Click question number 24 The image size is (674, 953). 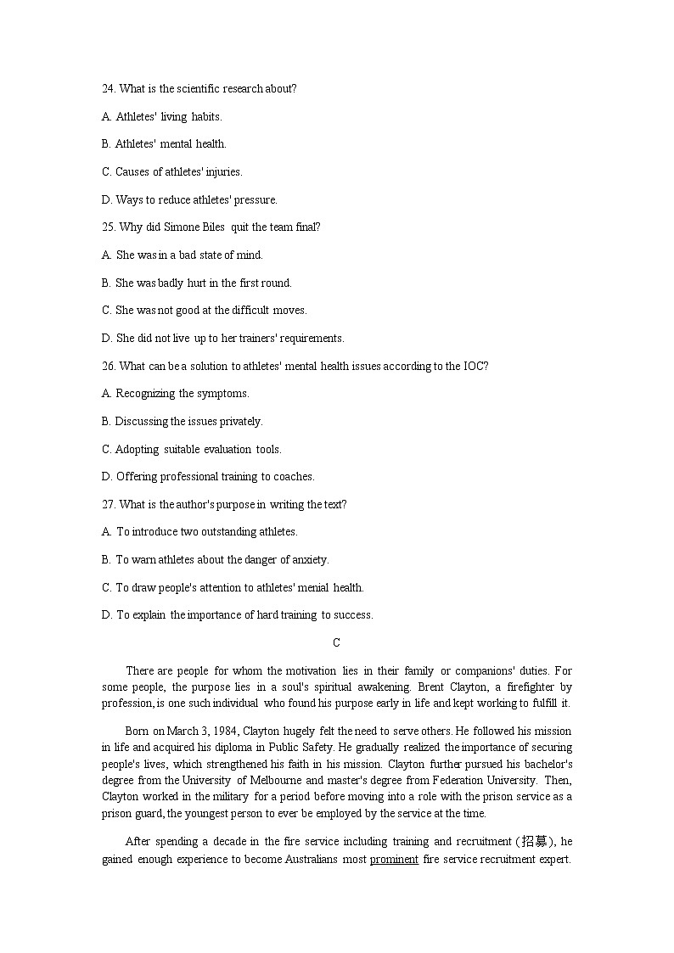tap(109, 89)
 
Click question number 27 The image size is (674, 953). tap(109, 505)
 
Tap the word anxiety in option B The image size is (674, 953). tap(309, 560)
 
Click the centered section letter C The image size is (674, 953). tap(337, 643)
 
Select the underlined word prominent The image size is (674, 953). tap(394, 860)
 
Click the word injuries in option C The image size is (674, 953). tap(223, 172)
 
